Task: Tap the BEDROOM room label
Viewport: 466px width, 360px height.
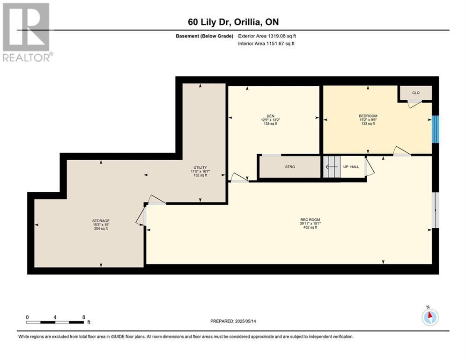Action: click(x=368, y=116)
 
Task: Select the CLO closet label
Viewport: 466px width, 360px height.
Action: click(x=415, y=93)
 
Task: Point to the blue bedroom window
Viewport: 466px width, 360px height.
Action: click(x=435, y=129)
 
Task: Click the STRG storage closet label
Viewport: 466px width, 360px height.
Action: click(x=290, y=167)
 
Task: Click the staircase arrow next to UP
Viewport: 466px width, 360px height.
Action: click(x=331, y=166)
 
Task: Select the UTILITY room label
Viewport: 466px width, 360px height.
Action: click(x=200, y=167)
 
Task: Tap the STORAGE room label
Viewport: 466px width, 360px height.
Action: click(x=101, y=220)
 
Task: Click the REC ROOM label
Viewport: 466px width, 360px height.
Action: click(x=310, y=220)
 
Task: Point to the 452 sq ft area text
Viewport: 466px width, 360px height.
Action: click(x=310, y=228)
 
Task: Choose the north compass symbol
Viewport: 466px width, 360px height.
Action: click(x=429, y=317)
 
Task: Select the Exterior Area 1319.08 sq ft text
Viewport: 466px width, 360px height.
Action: click(x=267, y=36)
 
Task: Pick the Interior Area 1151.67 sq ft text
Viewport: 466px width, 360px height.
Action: click(x=267, y=44)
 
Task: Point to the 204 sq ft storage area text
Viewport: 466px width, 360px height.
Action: click(x=101, y=228)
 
